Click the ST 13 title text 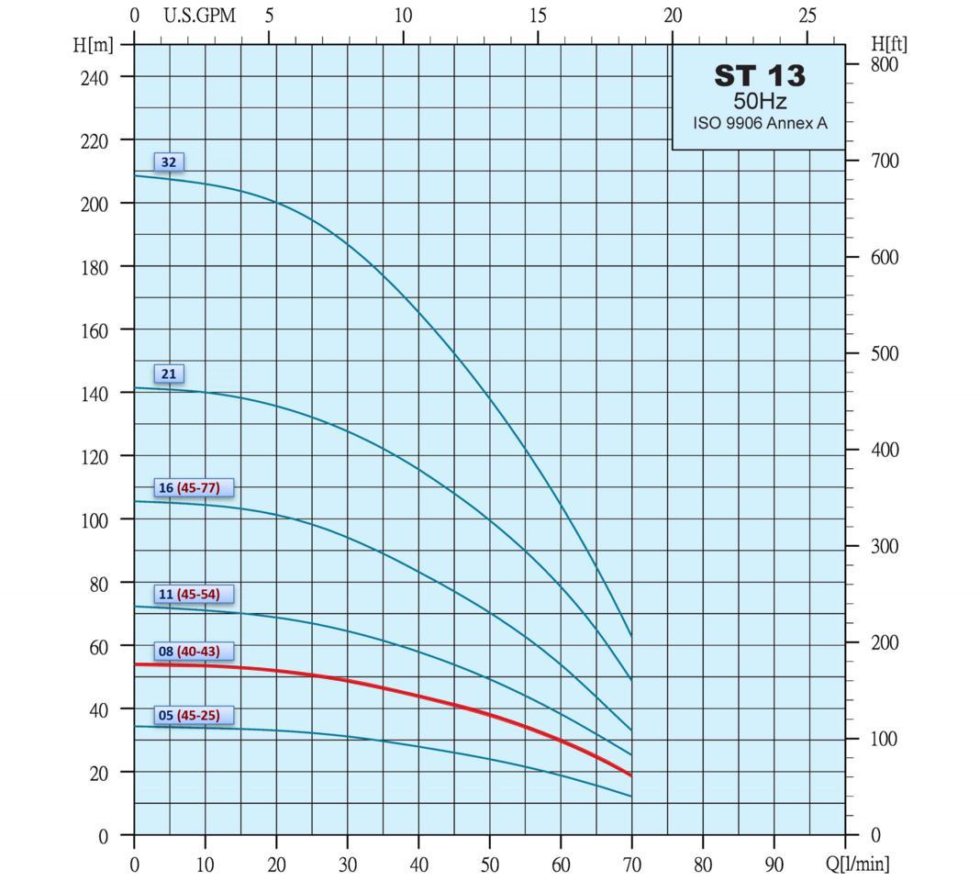(759, 76)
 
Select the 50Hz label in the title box (759, 101)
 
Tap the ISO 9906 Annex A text (759, 122)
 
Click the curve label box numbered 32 (169, 162)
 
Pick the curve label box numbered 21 (169, 374)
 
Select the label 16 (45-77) (193, 487)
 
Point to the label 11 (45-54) (193, 594)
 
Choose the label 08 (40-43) (193, 652)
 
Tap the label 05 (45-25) (193, 715)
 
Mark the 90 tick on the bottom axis (774, 864)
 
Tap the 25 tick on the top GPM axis (807, 16)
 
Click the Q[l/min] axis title (858, 864)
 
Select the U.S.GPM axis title (199, 16)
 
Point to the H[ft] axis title (889, 44)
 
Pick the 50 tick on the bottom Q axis (489, 864)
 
